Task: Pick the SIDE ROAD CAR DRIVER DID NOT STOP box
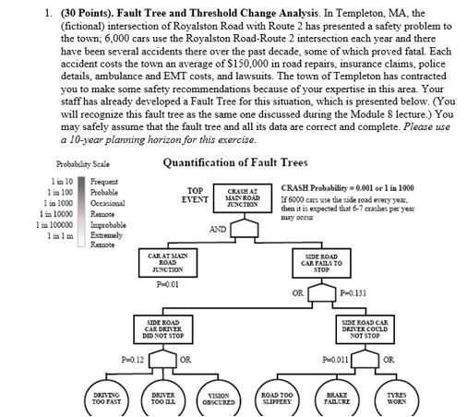167,326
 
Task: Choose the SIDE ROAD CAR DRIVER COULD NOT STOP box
367,326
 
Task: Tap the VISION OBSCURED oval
218,399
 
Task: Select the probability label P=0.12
136,354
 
